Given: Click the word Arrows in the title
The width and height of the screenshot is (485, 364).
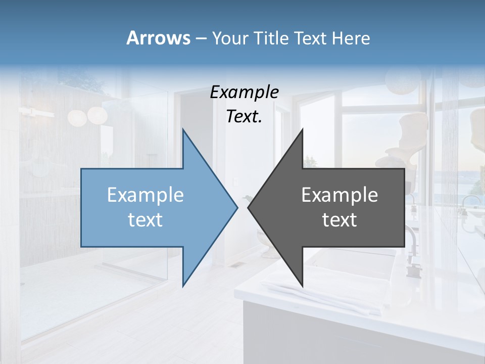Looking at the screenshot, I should click(x=158, y=38).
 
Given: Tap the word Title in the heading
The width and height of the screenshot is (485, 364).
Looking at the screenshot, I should click(x=272, y=38).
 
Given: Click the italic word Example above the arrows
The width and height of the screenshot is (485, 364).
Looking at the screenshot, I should click(x=245, y=92).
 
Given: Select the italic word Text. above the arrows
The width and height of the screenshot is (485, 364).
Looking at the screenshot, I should click(x=245, y=117).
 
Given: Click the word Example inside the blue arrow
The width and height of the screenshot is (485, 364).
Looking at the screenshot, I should click(x=145, y=195).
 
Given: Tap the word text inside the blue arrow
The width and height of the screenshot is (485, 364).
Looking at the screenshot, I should click(x=145, y=220).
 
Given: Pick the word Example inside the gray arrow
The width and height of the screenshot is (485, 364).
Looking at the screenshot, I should click(x=339, y=195).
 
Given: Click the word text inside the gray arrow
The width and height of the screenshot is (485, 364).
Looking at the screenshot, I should click(x=339, y=220).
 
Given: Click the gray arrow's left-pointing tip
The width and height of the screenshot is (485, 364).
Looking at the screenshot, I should click(x=249, y=207).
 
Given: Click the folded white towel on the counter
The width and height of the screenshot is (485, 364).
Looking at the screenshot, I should click(x=323, y=298).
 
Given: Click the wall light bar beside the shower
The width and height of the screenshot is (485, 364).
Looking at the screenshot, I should click(x=38, y=113).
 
